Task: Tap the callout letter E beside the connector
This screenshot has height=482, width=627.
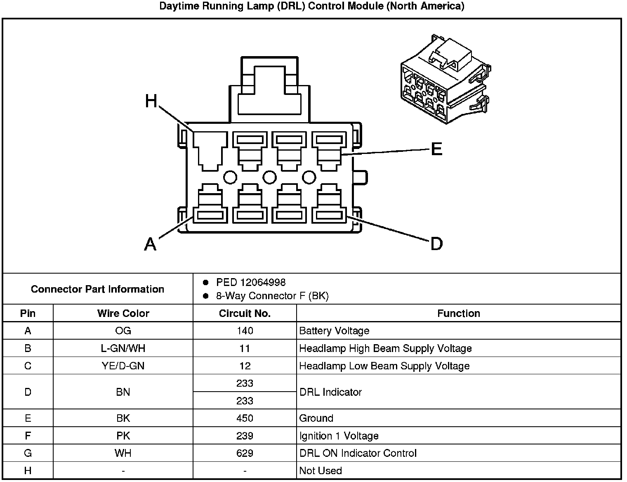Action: point(436,149)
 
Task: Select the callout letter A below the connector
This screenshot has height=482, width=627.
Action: point(151,244)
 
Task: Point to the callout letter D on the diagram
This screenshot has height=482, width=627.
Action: point(436,244)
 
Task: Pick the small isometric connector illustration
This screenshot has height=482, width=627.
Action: point(445,79)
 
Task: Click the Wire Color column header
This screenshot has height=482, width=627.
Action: point(123,313)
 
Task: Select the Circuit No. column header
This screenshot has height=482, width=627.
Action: point(245,313)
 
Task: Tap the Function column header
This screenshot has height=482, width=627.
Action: point(458,313)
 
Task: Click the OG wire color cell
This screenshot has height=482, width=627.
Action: point(123,331)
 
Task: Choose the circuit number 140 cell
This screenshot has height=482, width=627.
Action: point(245,331)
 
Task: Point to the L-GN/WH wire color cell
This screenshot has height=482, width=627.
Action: point(123,348)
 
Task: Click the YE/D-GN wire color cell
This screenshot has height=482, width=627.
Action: point(123,366)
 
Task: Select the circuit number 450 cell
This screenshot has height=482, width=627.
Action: point(245,418)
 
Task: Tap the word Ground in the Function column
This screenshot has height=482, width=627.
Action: point(316,418)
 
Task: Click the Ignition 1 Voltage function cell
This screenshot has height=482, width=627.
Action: point(339,436)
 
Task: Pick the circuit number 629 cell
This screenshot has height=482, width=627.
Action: point(245,453)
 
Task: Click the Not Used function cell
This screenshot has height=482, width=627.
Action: point(321,470)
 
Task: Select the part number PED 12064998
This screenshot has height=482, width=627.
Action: point(251,282)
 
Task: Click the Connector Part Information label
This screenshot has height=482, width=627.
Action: point(97,289)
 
